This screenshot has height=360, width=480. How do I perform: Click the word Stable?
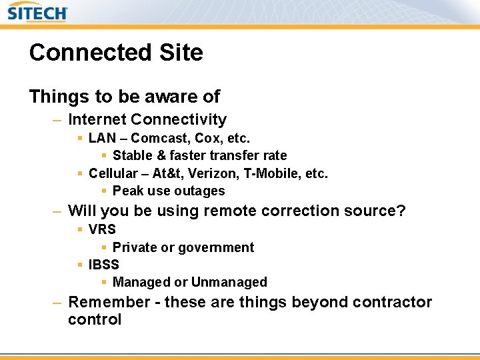point(133,156)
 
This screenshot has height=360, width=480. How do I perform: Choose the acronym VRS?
point(102,229)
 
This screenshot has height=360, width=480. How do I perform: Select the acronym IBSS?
point(103,265)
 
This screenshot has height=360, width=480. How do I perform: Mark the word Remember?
point(109,302)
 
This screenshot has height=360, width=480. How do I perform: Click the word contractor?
point(392,302)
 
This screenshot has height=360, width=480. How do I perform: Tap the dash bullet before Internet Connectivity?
point(58,120)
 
